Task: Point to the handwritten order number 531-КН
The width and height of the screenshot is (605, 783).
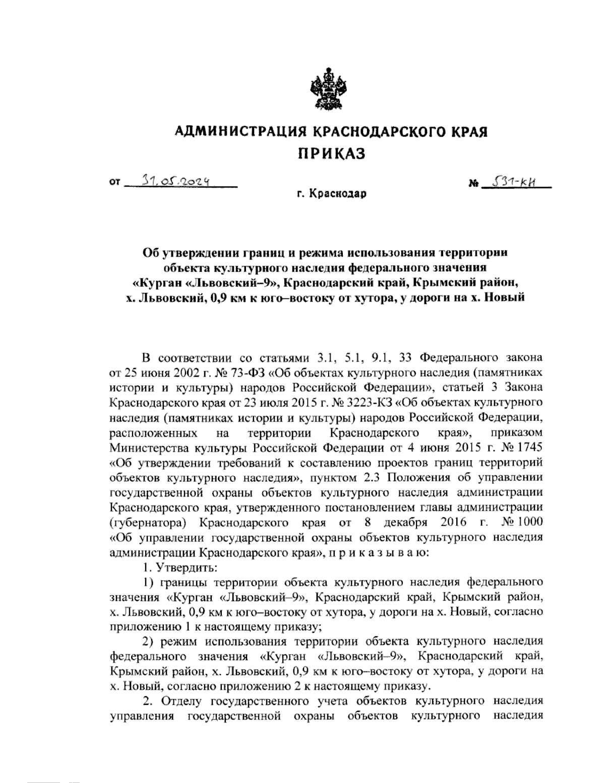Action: [514, 180]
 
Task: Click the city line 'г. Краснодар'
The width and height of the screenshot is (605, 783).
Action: [331, 194]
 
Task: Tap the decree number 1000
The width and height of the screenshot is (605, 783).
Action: [528, 522]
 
